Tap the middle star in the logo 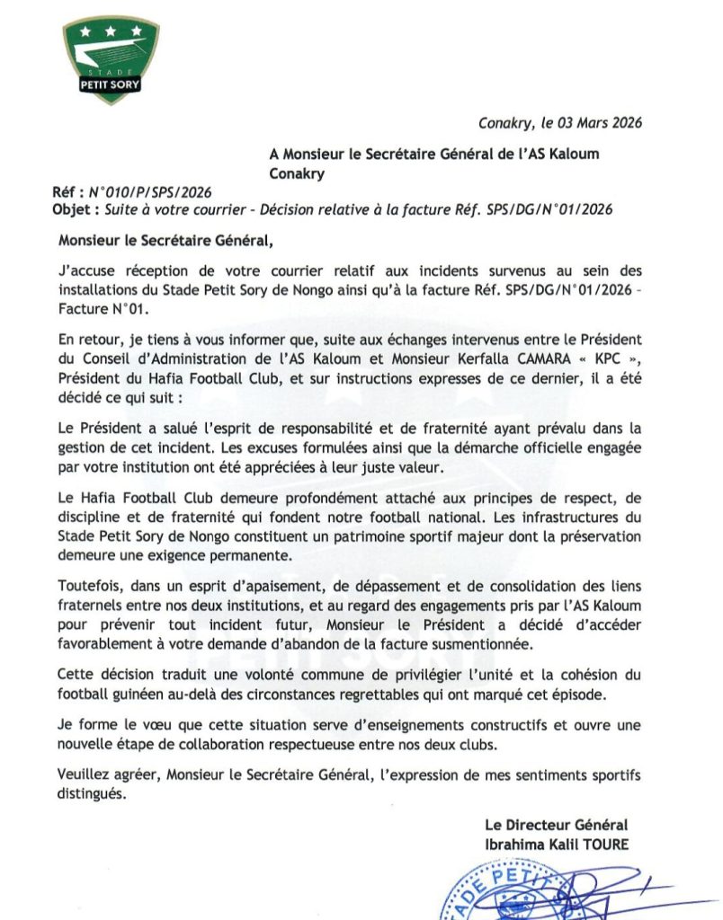pos(111,31)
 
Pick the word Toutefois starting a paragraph pos(89,587)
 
